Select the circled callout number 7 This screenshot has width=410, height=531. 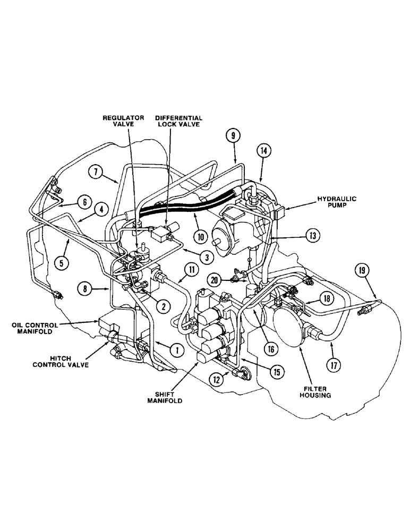[x=96, y=172]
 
